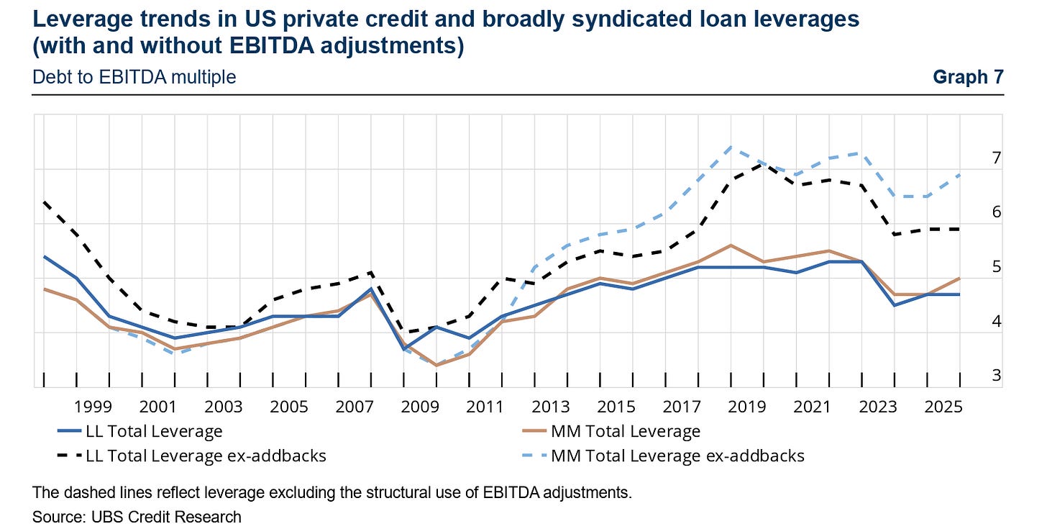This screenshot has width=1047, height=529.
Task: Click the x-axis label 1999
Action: pyautogui.click(x=93, y=407)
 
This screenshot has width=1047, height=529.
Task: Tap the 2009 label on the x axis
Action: pyautogui.click(x=420, y=407)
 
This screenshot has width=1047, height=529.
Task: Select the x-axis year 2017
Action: pyautogui.click(x=682, y=407)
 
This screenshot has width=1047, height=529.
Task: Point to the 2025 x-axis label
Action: pyautogui.click(x=943, y=407)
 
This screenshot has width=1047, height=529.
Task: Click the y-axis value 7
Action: pyautogui.click(x=997, y=158)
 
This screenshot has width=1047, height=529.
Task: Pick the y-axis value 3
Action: pyautogui.click(x=997, y=375)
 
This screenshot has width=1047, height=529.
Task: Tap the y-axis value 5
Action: pyautogui.click(x=997, y=266)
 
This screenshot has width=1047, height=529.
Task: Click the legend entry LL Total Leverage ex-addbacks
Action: pyautogui.click(x=191, y=456)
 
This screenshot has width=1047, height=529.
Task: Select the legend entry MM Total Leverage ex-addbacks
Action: pyautogui.click(x=663, y=456)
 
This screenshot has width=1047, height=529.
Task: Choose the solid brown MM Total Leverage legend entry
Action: pyautogui.click(x=611, y=431)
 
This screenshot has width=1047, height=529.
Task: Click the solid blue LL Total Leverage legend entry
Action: pyautogui.click(x=140, y=431)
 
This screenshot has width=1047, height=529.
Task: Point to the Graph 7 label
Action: pyautogui.click(x=969, y=77)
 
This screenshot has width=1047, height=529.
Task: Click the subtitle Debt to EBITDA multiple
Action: pyautogui.click(x=134, y=77)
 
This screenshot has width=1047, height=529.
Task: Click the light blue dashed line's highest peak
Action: pyautogui.click(x=731, y=147)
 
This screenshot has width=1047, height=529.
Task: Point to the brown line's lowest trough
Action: pyautogui.click(x=436, y=366)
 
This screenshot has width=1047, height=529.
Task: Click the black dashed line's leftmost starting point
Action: pyautogui.click(x=44, y=202)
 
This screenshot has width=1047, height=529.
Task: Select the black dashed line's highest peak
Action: pyautogui.click(x=763, y=163)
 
